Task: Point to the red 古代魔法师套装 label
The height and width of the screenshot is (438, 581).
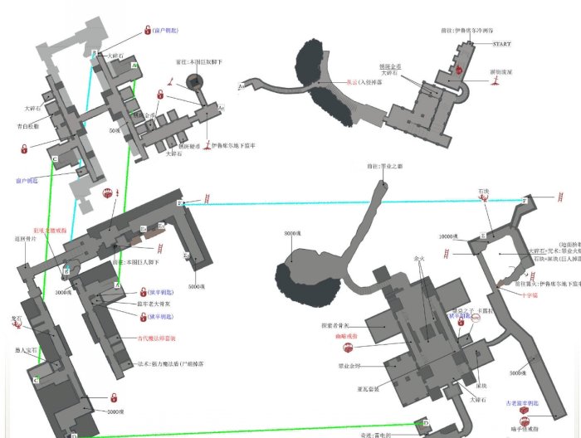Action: point(157,338)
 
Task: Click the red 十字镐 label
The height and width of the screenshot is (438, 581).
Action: point(511,294)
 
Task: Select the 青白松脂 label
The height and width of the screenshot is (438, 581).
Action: point(29,127)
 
